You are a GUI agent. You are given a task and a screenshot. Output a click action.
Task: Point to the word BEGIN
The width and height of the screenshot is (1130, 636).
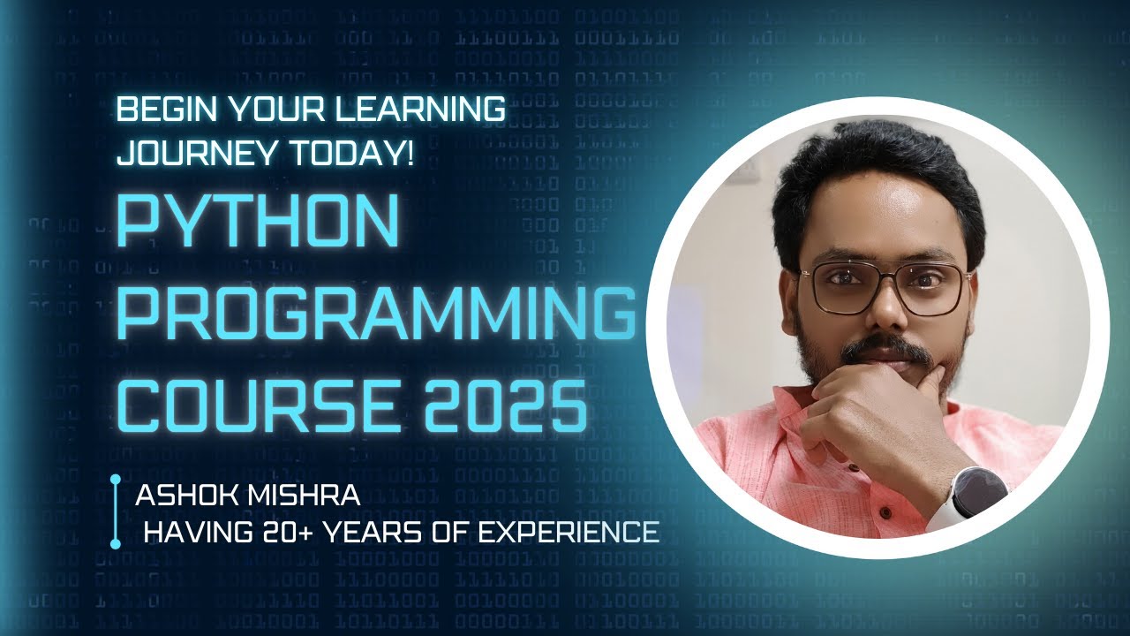click(157, 110)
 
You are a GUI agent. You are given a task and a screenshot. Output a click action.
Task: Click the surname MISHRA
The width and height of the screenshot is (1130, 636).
click(307, 496)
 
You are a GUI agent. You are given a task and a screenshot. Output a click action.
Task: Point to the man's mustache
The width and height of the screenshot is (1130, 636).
click(885, 351)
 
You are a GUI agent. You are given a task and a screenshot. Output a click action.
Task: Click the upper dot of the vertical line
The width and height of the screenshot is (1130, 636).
click(115, 480)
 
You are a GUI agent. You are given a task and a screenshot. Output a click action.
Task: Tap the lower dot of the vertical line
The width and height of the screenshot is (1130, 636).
click(115, 545)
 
